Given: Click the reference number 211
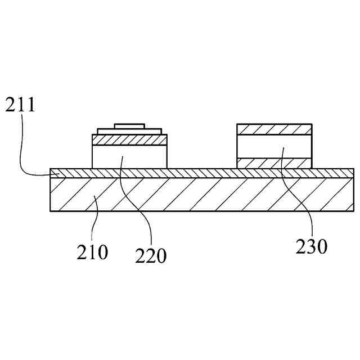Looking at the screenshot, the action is coord(20,105).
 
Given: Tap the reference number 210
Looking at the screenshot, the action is coord(92,252).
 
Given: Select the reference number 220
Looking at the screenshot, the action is coord(151,256).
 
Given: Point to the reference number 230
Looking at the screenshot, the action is coord(310,246).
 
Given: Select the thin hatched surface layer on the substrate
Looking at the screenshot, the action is coord(202,173).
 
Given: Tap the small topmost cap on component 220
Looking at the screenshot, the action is coord(130,125).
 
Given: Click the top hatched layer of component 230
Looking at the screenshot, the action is coord(274,129).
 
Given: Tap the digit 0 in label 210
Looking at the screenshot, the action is coord(102,252).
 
